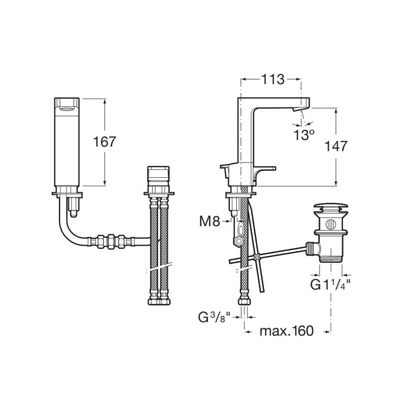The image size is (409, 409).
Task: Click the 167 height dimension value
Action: tap(104, 142)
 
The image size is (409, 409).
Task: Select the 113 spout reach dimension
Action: tap(272, 79)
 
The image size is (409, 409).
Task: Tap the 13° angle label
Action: tap(304, 135)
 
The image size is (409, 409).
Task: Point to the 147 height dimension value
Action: tap(336, 146)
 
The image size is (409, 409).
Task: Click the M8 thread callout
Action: tap(210, 221)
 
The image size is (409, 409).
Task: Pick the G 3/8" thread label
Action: tap(214, 317)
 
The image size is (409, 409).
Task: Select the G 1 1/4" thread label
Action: tap(330, 285)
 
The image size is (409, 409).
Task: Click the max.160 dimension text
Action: tap(286, 331)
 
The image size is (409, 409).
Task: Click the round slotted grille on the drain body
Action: tap(331, 224)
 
